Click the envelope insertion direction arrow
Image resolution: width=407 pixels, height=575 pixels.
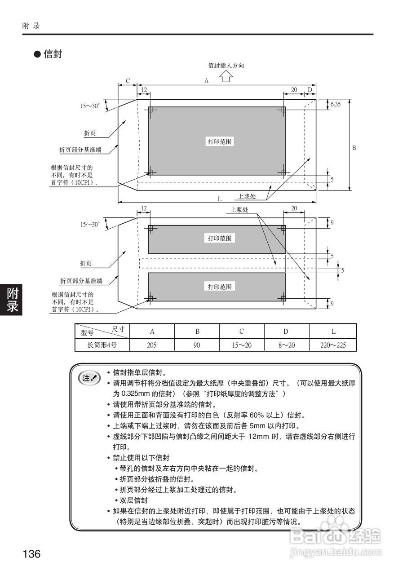[226, 77]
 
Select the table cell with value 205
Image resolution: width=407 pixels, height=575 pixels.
[152, 345]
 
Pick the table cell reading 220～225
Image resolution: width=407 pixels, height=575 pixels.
[333, 345]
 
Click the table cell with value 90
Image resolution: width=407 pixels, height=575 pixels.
[197, 345]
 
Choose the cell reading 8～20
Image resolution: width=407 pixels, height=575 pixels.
[286, 345]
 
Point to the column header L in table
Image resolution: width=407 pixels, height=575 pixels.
[333, 332]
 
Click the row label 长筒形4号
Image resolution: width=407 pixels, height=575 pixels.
[102, 345]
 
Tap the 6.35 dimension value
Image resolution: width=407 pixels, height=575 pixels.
[336, 104]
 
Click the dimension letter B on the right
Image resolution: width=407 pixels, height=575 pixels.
[354, 148]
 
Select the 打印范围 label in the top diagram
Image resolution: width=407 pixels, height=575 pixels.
[220, 142]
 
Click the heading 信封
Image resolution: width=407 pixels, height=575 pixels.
[53, 54]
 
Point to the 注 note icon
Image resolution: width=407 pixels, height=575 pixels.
[89, 378]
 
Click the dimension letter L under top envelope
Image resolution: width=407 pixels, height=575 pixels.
[219, 198]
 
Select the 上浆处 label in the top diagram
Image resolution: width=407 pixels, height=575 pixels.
[247, 196]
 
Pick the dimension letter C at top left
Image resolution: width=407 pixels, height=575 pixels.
[128, 81]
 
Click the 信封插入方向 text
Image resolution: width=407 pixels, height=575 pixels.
[226, 66]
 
